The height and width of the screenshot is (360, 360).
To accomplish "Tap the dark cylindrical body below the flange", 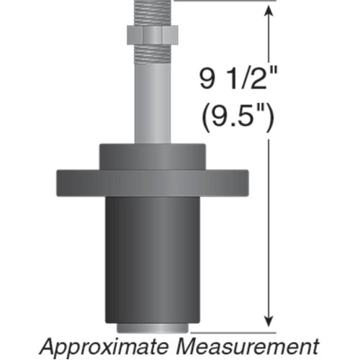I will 151,259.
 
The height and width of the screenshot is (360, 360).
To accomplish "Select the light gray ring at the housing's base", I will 151,328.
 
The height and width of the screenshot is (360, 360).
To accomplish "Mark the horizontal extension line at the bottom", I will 230,332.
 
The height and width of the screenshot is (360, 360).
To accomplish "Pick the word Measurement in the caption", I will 248,345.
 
